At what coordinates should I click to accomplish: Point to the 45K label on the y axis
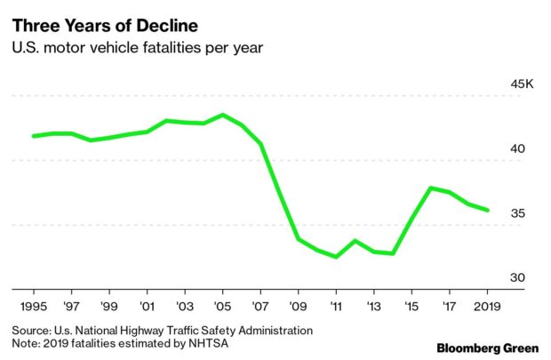coord(519,84)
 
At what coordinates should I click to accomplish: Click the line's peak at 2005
coord(222,115)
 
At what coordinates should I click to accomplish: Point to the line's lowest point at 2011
coord(336,257)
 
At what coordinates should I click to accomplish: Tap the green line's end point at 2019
coord(487,210)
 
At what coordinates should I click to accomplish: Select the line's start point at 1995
coord(34,136)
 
